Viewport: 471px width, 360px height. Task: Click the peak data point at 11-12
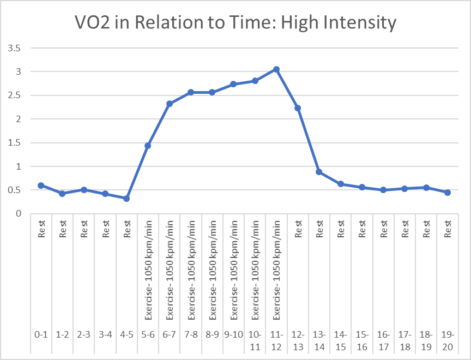(276, 69)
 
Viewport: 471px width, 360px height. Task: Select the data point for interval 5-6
(148, 146)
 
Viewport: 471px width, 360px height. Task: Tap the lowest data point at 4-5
(126, 199)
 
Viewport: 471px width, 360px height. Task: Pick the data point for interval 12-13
(298, 108)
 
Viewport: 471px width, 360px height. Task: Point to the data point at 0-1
(41, 185)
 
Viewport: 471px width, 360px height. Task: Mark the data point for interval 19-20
(448, 193)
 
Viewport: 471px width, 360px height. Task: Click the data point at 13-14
(319, 172)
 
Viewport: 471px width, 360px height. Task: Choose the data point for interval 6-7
(170, 104)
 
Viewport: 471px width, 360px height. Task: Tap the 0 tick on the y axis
(18, 214)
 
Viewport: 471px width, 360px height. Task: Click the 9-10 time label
(233, 335)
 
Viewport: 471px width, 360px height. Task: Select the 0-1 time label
(41, 335)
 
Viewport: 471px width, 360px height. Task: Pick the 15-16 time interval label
(362, 339)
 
